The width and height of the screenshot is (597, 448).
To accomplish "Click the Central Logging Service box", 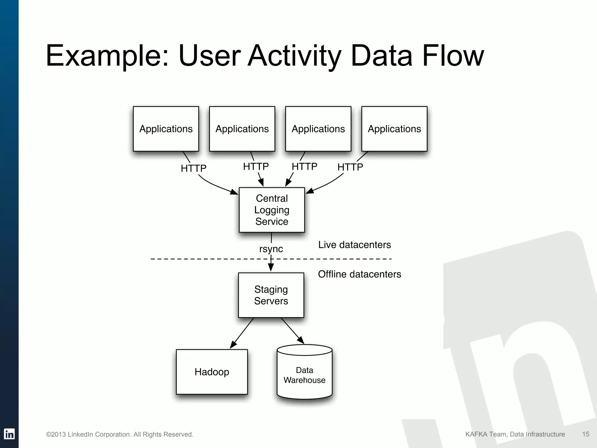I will coord(272,210).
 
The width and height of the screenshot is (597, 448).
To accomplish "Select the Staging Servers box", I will coord(271,295).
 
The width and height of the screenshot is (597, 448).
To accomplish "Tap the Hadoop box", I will coord(212,372).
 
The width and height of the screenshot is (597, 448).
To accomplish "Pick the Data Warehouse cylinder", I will coord(304,375).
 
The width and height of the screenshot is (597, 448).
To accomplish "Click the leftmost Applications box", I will coord(166,129).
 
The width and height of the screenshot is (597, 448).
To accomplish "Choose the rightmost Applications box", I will coord(394,129).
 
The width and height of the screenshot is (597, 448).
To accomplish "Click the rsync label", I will coord(271,249).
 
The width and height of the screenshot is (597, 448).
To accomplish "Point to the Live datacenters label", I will coord(354,245).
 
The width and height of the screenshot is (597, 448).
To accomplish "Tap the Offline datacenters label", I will coord(359,274).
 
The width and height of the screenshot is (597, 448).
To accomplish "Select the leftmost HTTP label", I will coord(194,168).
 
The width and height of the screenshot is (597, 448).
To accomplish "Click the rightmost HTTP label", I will coord(350,167).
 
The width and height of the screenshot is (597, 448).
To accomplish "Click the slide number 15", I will coord(586,434).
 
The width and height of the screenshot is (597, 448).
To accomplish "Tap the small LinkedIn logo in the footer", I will coord(9,434).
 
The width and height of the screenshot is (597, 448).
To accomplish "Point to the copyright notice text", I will coord(120,435).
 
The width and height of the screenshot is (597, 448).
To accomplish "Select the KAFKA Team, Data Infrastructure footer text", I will coord(515,434).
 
